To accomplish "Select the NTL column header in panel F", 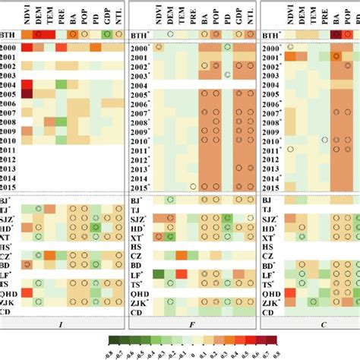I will [244, 16].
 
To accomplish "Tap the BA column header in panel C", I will [335, 16].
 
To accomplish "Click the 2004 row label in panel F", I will [140, 85].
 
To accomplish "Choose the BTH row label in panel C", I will [271, 35].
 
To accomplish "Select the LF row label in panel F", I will [139, 273].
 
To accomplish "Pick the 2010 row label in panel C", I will [272, 141].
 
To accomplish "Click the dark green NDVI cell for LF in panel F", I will [159, 273].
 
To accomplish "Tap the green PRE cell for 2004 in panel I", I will [64, 85].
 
